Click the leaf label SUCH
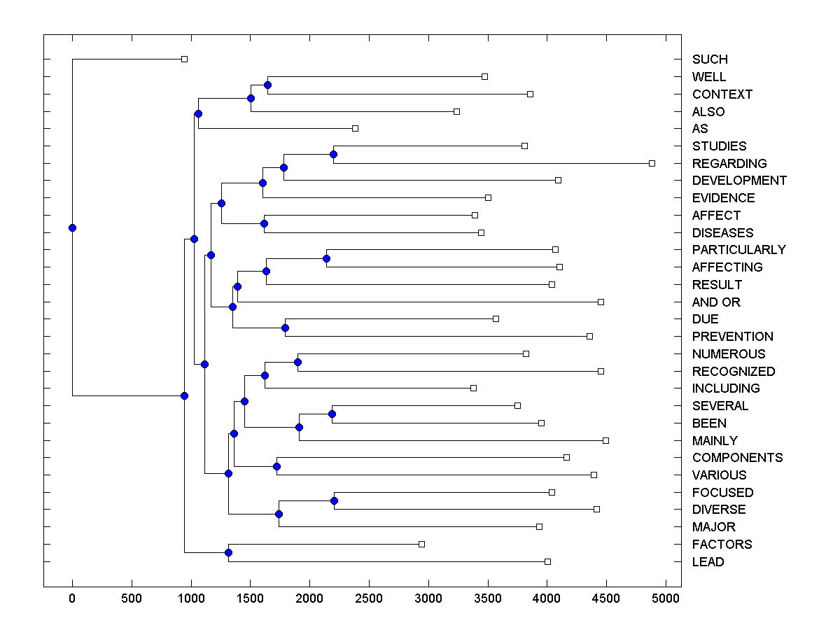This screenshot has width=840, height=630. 710,59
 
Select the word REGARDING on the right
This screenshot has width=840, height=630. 729,164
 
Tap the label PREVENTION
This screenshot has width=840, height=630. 732,337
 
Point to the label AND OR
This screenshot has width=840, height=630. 716,302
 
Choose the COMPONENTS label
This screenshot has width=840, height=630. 737,458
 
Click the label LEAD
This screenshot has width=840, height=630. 708,562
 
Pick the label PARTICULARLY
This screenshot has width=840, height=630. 738,250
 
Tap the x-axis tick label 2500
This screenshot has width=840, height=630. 369,598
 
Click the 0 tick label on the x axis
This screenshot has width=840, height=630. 72,598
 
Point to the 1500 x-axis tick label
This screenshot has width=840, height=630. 250,598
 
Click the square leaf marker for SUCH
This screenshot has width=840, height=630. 184,59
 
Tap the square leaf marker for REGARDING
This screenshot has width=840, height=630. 652,163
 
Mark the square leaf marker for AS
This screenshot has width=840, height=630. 355,128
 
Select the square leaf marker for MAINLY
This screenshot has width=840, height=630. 605,440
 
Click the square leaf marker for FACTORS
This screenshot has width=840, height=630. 421,544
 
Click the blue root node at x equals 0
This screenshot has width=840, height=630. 72,227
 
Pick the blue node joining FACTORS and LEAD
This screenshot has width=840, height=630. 228,553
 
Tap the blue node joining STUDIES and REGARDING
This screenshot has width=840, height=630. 334,154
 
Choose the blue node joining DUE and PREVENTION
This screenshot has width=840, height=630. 285,328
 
